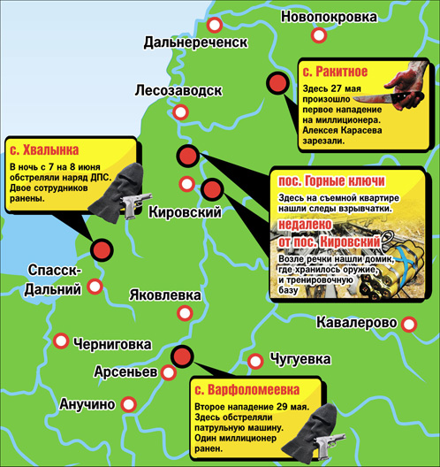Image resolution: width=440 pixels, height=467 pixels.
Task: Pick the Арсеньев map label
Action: [x=128, y=372]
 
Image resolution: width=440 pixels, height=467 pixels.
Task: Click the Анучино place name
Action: [x=87, y=405]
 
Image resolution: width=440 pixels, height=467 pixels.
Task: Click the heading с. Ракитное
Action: [x=335, y=72]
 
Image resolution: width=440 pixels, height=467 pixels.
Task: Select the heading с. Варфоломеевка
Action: [x=247, y=389]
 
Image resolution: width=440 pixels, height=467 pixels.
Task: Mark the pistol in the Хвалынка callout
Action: [x=135, y=205]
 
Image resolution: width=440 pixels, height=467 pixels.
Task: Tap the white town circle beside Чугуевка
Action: [x=254, y=361]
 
